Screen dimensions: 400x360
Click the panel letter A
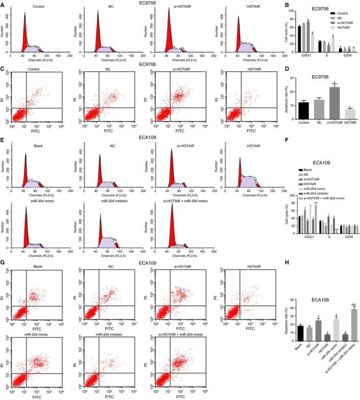coord(3,4)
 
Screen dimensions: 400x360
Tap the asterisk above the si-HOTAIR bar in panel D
coord(321,83)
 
